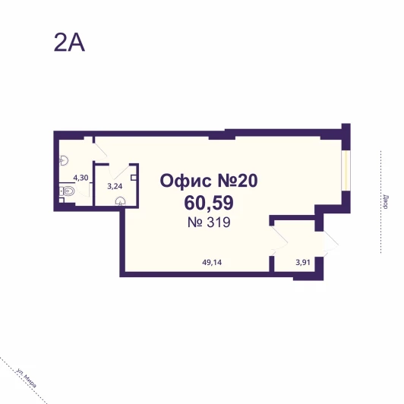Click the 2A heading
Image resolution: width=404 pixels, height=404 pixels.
coord(69,43)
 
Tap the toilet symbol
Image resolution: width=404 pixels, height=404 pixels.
coord(67,191)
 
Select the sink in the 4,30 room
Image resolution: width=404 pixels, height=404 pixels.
coord(64,160)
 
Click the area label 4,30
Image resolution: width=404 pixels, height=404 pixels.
coord(80,178)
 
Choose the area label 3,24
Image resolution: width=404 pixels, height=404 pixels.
coord(115,186)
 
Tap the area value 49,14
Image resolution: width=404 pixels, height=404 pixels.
coord(212,263)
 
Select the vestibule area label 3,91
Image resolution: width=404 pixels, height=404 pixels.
coord(303,263)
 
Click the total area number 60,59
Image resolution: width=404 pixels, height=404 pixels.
coord(209,203)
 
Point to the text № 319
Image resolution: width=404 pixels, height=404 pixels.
coord(209,223)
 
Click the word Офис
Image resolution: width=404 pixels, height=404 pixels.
coord(185,181)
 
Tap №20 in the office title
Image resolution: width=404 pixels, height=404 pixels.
coord(238,181)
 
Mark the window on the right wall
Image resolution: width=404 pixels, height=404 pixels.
coord(346,170)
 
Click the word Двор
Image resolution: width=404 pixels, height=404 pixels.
coord(386,202)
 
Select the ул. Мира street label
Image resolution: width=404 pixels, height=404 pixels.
coord(26,377)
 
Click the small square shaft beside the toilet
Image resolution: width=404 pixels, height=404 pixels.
coord(62,200)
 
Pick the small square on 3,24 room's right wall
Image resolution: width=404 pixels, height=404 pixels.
coord(134,178)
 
